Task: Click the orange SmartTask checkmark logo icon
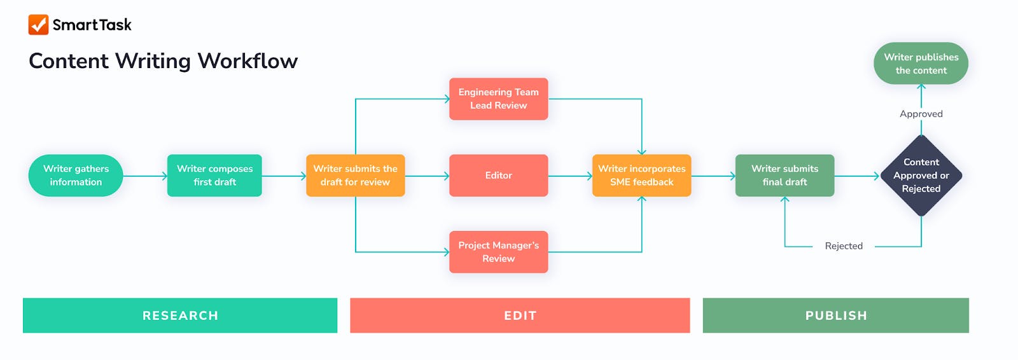coord(38,25)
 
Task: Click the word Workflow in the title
coord(248,61)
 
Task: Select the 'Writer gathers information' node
coord(76,176)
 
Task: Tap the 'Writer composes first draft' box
coord(214,176)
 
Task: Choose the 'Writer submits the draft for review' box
coord(355,176)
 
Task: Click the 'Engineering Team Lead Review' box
coord(498,99)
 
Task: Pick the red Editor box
coord(498,176)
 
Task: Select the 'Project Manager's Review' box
coord(498,252)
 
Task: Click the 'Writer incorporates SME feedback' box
coord(641,176)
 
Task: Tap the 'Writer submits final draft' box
coord(784,176)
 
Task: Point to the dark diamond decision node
coord(921,176)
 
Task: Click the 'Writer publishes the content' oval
coord(921,64)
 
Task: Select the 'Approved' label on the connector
coord(921,114)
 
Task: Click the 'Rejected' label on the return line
coord(844,246)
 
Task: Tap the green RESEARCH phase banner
coord(180,315)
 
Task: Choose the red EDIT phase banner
coord(520,315)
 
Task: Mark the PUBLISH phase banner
coord(835,315)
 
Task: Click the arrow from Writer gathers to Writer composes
coord(145,176)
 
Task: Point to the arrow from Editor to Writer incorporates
coord(570,176)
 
